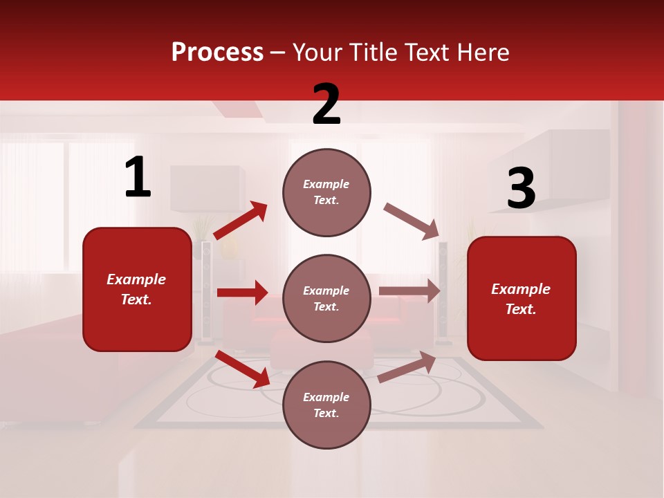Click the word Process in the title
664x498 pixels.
217,53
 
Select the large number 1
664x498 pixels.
138,178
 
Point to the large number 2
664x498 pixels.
326,104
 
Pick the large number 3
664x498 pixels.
521,189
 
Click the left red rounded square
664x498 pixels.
137,289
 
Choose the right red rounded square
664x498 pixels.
522,298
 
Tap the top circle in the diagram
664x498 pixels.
326,192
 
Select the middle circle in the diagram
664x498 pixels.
326,298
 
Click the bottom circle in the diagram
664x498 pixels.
326,405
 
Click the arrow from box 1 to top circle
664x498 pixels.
240,221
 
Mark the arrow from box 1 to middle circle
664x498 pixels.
242,293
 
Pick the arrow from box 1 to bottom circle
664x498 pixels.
243,369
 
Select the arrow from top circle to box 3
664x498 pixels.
411,221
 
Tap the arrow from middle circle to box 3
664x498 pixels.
409,291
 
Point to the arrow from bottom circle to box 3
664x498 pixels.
407,367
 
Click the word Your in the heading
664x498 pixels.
317,53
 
